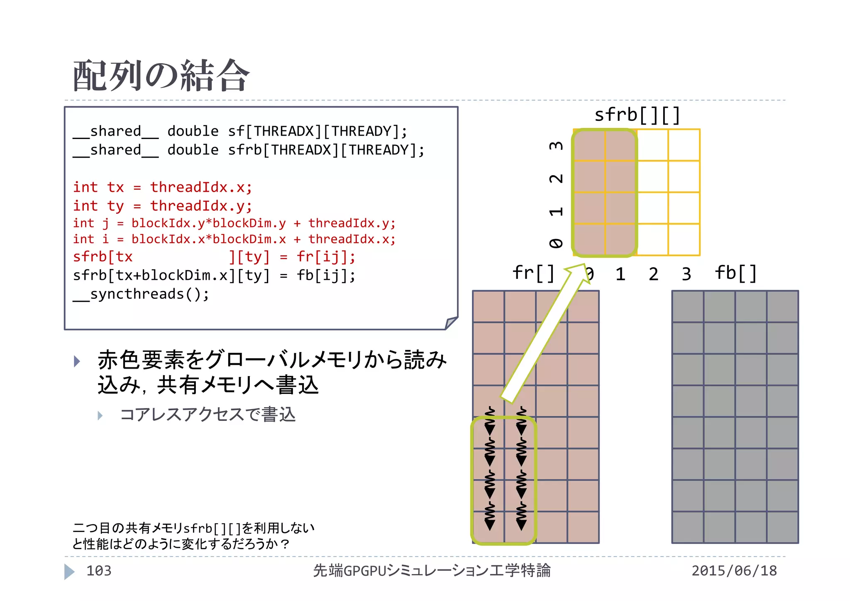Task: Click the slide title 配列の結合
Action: coord(161,76)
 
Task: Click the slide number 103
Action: coord(99,571)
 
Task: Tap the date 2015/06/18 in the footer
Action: coord(734,571)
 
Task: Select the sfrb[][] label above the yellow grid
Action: coord(637,115)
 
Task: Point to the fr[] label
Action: coord(533,273)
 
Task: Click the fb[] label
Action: coord(735,273)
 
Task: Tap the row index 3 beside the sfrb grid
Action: coord(556,146)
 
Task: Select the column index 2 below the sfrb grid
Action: coord(653,274)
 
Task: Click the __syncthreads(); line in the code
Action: coord(141,294)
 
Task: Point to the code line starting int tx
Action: coord(162,187)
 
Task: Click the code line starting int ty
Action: coord(162,206)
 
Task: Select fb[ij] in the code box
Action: coord(325,276)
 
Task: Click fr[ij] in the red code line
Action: coord(325,257)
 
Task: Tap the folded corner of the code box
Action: coord(451,322)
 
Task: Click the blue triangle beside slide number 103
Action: coord(69,572)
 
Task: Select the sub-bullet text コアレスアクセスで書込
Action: coord(208,415)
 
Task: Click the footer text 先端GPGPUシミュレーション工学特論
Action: coord(432,571)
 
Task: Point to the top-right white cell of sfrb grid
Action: coord(684,145)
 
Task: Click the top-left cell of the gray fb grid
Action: coord(688,307)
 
